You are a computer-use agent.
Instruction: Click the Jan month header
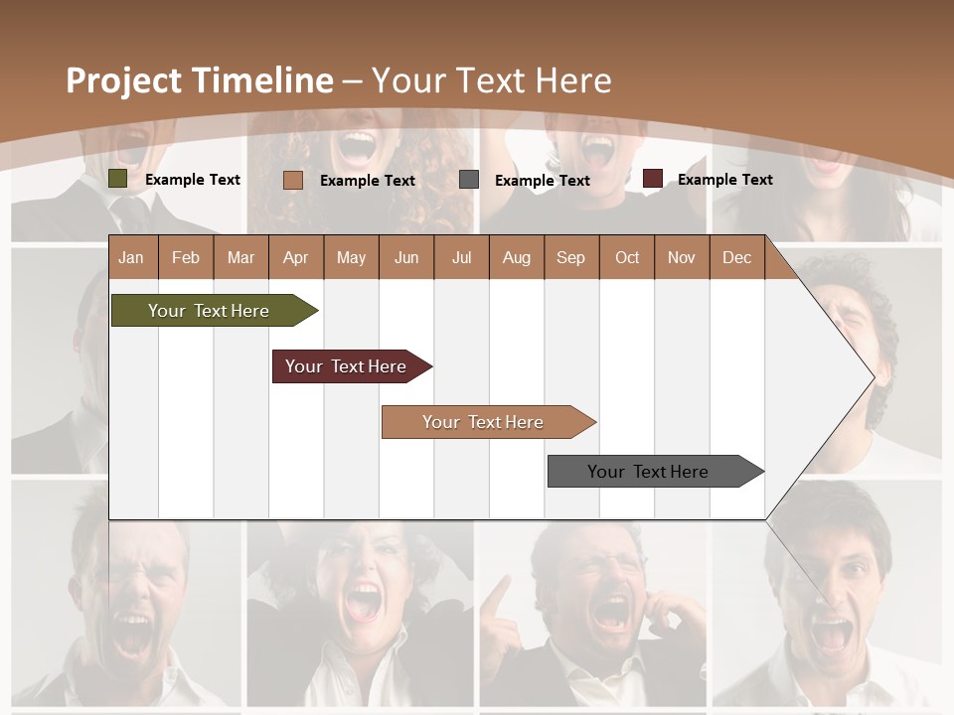click(x=132, y=258)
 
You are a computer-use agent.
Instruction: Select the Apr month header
click(x=296, y=258)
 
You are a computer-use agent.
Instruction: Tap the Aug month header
click(x=517, y=258)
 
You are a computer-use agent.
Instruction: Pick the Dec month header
click(x=736, y=258)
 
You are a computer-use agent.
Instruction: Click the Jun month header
click(x=406, y=258)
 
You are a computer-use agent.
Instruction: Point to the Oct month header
click(x=627, y=258)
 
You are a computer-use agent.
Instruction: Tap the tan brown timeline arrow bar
click(x=485, y=422)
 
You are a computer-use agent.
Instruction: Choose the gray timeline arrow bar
click(x=652, y=472)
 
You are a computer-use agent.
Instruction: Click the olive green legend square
click(x=118, y=179)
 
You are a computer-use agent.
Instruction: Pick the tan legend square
click(x=293, y=180)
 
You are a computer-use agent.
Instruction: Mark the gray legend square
click(x=469, y=180)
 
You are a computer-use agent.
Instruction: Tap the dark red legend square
click(x=653, y=179)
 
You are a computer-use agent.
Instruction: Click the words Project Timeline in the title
click(x=199, y=80)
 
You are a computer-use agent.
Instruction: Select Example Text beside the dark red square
click(x=724, y=180)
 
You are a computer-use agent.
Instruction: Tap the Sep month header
click(x=570, y=258)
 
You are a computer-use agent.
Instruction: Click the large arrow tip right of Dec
click(x=845, y=377)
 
